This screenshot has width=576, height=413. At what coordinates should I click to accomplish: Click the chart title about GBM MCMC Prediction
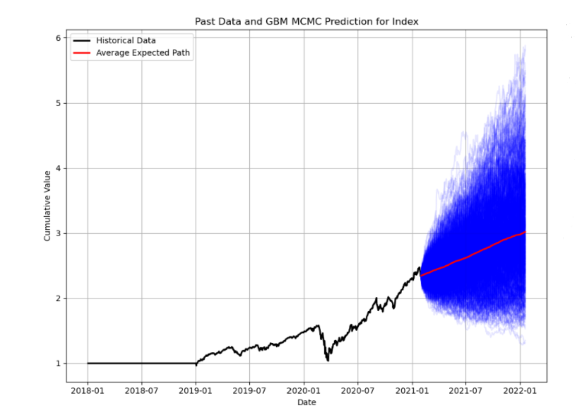pyautogui.click(x=306, y=22)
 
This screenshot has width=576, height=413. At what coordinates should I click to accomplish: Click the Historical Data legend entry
pyautogui.click(x=126, y=40)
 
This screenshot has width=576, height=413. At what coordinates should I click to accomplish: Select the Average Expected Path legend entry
pyautogui.click(x=143, y=53)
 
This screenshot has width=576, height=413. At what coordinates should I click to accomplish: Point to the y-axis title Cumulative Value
pyautogui.click(x=47, y=205)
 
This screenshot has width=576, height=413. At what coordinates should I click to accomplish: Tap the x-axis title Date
pyautogui.click(x=306, y=402)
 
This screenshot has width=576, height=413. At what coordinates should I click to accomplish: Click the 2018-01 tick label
pyautogui.click(x=87, y=391)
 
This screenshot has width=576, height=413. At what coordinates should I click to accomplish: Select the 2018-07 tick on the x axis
pyautogui.click(x=141, y=391)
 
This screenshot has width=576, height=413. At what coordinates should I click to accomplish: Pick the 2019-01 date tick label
pyautogui.click(x=195, y=391)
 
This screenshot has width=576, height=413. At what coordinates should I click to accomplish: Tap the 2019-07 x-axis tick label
pyautogui.click(x=249, y=391)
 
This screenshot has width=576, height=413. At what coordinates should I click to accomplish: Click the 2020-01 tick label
pyautogui.click(x=303, y=391)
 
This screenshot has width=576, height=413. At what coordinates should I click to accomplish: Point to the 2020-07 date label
pyautogui.click(x=357, y=391)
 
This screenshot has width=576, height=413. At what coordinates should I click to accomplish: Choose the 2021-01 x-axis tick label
pyautogui.click(x=412, y=391)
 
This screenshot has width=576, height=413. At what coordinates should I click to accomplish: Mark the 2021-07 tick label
pyautogui.click(x=465, y=391)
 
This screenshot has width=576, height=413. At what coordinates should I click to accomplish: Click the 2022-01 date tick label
pyautogui.click(x=520, y=391)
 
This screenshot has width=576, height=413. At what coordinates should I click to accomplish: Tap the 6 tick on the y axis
pyautogui.click(x=58, y=38)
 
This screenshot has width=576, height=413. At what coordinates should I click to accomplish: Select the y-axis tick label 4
pyautogui.click(x=58, y=168)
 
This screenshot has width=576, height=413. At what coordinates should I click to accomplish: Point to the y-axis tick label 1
pyautogui.click(x=58, y=363)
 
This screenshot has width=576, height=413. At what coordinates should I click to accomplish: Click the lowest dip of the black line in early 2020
pyautogui.click(x=328, y=360)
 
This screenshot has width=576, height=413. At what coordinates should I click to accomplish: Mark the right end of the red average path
pyautogui.click(x=525, y=232)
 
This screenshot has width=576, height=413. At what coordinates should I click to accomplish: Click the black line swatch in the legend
pyautogui.click(x=82, y=41)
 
